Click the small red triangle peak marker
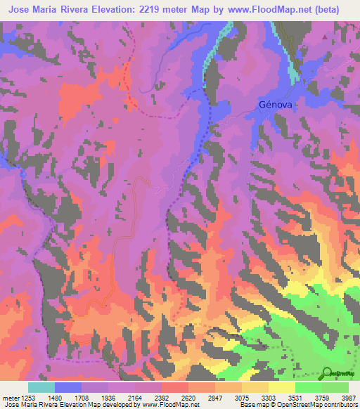pos(324,35)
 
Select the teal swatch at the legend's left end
pos(41,387)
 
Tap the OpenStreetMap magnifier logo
pos(328,373)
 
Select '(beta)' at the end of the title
pos(337,10)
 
